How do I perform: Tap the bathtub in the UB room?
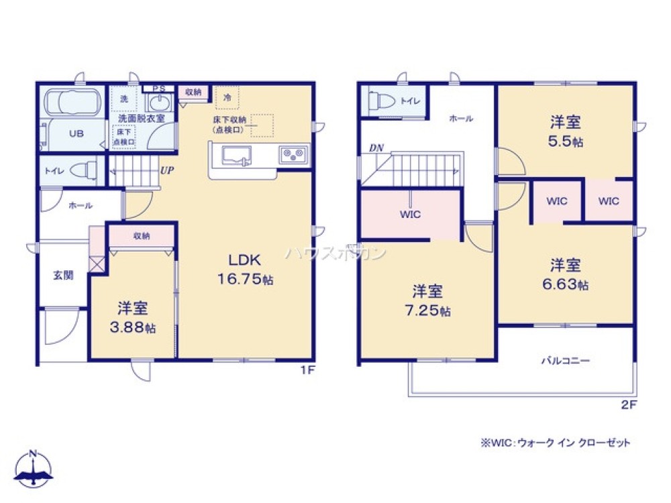[72, 105]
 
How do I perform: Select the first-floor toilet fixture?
[84, 169]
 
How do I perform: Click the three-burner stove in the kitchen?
[293, 155]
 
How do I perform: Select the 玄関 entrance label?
[63, 275]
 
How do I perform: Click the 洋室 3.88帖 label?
[133, 318]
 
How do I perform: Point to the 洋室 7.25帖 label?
[427, 300]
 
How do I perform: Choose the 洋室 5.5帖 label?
[566, 131]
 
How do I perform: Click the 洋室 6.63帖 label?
[566, 274]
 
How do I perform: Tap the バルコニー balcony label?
[566, 361]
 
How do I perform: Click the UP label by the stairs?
[168, 170]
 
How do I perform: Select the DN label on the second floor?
[375, 148]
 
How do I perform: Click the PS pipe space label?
[159, 89]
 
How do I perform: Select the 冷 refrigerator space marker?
[227, 98]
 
